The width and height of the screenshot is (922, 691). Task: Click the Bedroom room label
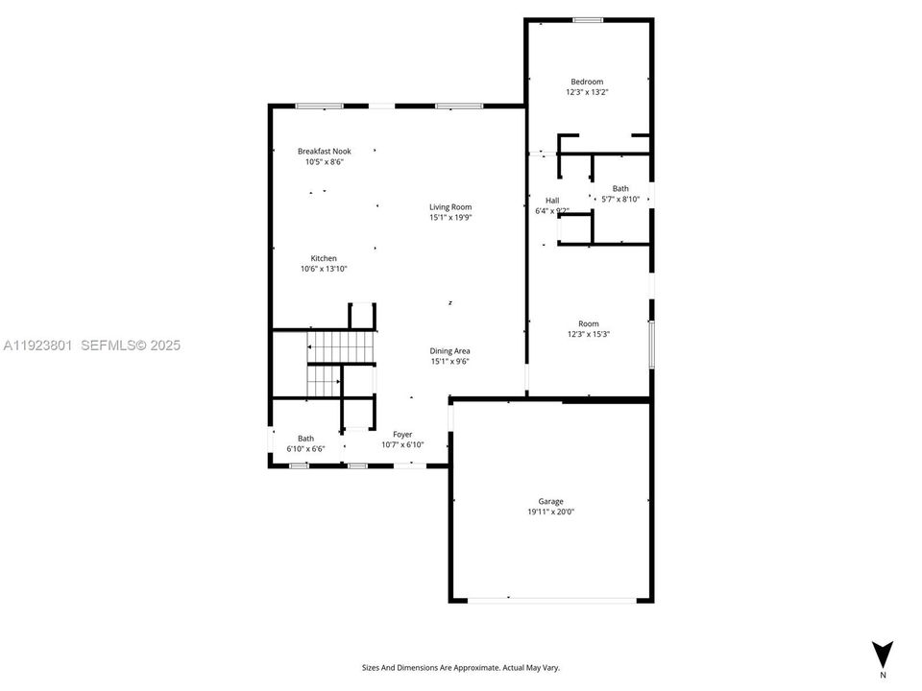[x=587, y=82]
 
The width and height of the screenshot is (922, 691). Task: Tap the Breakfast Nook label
[x=324, y=152]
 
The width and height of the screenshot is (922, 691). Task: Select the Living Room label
[x=450, y=207]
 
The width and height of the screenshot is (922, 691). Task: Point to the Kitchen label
[x=324, y=258]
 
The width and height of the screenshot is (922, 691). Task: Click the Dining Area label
[x=450, y=351]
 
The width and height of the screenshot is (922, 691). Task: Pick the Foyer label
[x=402, y=435]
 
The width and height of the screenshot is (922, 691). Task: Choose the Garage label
[x=550, y=501]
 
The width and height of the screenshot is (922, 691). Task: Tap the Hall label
[x=552, y=201]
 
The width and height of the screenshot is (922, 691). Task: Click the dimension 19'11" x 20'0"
[x=550, y=512]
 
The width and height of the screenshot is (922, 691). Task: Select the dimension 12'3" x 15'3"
[x=588, y=335]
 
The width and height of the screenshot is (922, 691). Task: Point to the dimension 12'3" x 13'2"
[x=587, y=92]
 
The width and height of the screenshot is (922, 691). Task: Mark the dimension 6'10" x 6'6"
[x=305, y=449]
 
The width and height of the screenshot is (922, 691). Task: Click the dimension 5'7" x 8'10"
[x=620, y=200]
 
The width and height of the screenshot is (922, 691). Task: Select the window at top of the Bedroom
[x=588, y=20]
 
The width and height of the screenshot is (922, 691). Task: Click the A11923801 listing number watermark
[x=37, y=345]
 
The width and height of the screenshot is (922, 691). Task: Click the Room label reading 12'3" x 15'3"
[x=588, y=323]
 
